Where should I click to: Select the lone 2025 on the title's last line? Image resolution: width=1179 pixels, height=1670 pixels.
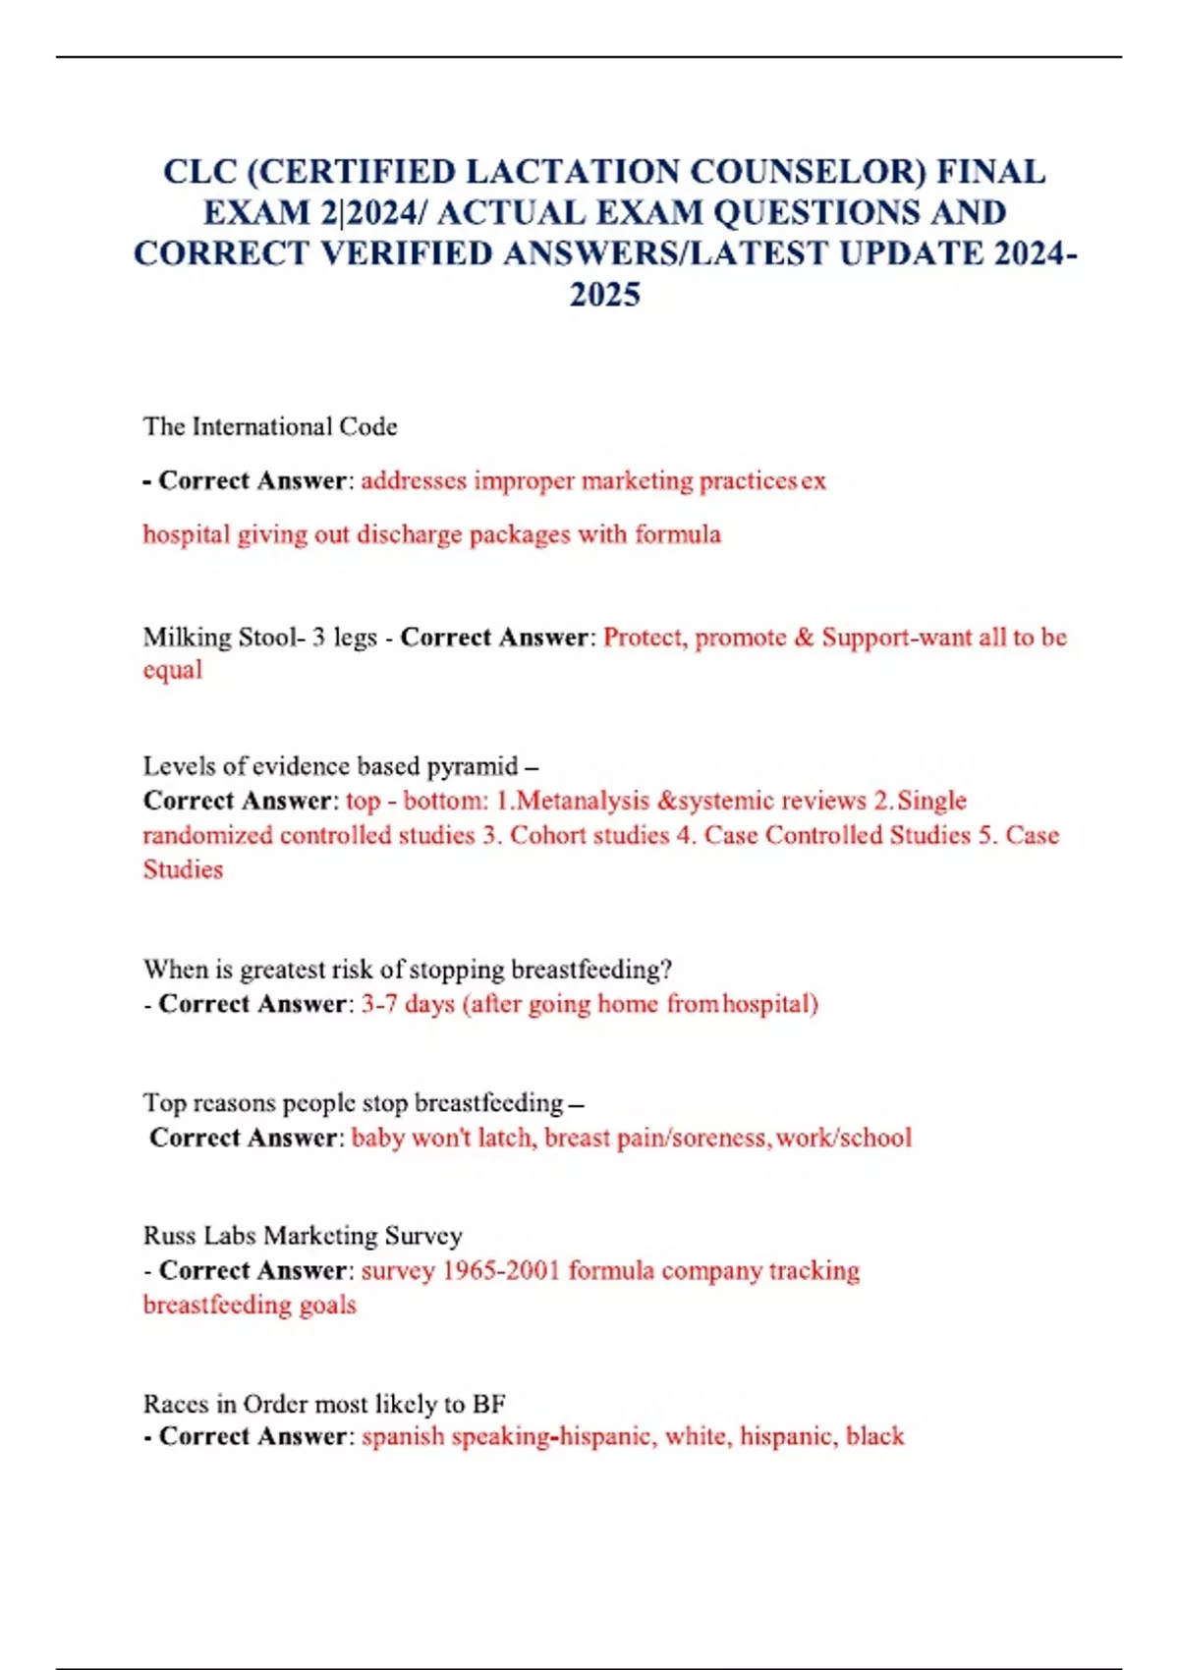coord(605,295)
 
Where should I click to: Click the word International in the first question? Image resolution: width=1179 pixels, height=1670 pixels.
coord(262,426)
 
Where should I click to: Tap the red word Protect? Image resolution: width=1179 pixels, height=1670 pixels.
coord(646,638)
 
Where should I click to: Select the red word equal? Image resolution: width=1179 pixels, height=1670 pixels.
coord(173,671)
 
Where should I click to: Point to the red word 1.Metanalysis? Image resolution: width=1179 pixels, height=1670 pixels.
coord(572,801)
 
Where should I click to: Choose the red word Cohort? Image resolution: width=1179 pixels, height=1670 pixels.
coord(549,835)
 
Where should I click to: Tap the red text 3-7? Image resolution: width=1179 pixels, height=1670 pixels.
coord(379,1004)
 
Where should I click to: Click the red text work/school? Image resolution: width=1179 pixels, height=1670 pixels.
coord(844,1138)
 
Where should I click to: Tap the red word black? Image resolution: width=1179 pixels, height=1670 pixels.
coord(874,1436)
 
